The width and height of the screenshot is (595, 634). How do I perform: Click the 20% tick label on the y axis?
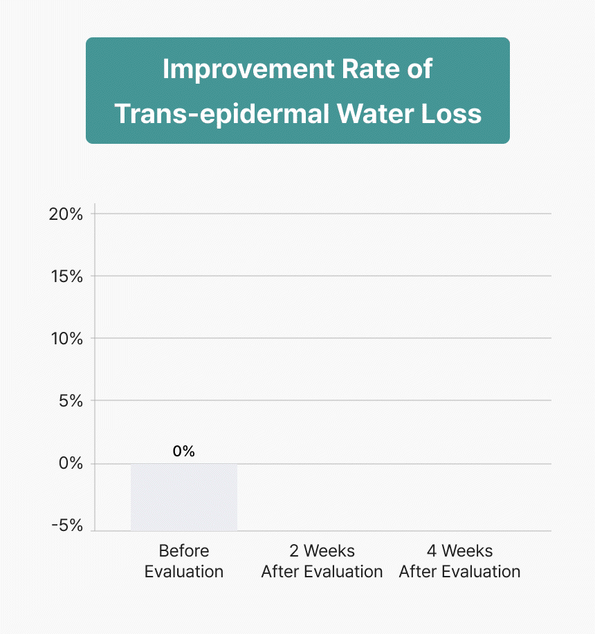tap(66, 214)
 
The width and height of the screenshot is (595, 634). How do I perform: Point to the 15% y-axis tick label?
tap(66, 277)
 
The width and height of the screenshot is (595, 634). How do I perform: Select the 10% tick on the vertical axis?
tap(66, 339)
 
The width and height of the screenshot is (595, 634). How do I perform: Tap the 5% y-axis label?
tap(71, 401)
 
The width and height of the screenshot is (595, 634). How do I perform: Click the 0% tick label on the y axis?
tap(71, 464)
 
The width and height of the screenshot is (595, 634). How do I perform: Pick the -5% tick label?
tap(67, 526)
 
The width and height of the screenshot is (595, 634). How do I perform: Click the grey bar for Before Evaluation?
tap(184, 497)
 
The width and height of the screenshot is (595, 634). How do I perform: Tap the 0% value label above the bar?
tap(184, 451)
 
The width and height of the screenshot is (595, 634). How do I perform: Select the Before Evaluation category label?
tap(184, 561)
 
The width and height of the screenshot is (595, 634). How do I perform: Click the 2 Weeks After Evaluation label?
tap(322, 561)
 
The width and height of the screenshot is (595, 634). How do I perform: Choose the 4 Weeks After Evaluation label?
tap(459, 561)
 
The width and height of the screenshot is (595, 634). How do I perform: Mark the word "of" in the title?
tap(417, 70)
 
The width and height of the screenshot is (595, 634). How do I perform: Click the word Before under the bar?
tap(184, 551)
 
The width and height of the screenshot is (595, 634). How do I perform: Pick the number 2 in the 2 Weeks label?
tap(294, 551)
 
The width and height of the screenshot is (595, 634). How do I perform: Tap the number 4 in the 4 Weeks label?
tap(432, 551)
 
